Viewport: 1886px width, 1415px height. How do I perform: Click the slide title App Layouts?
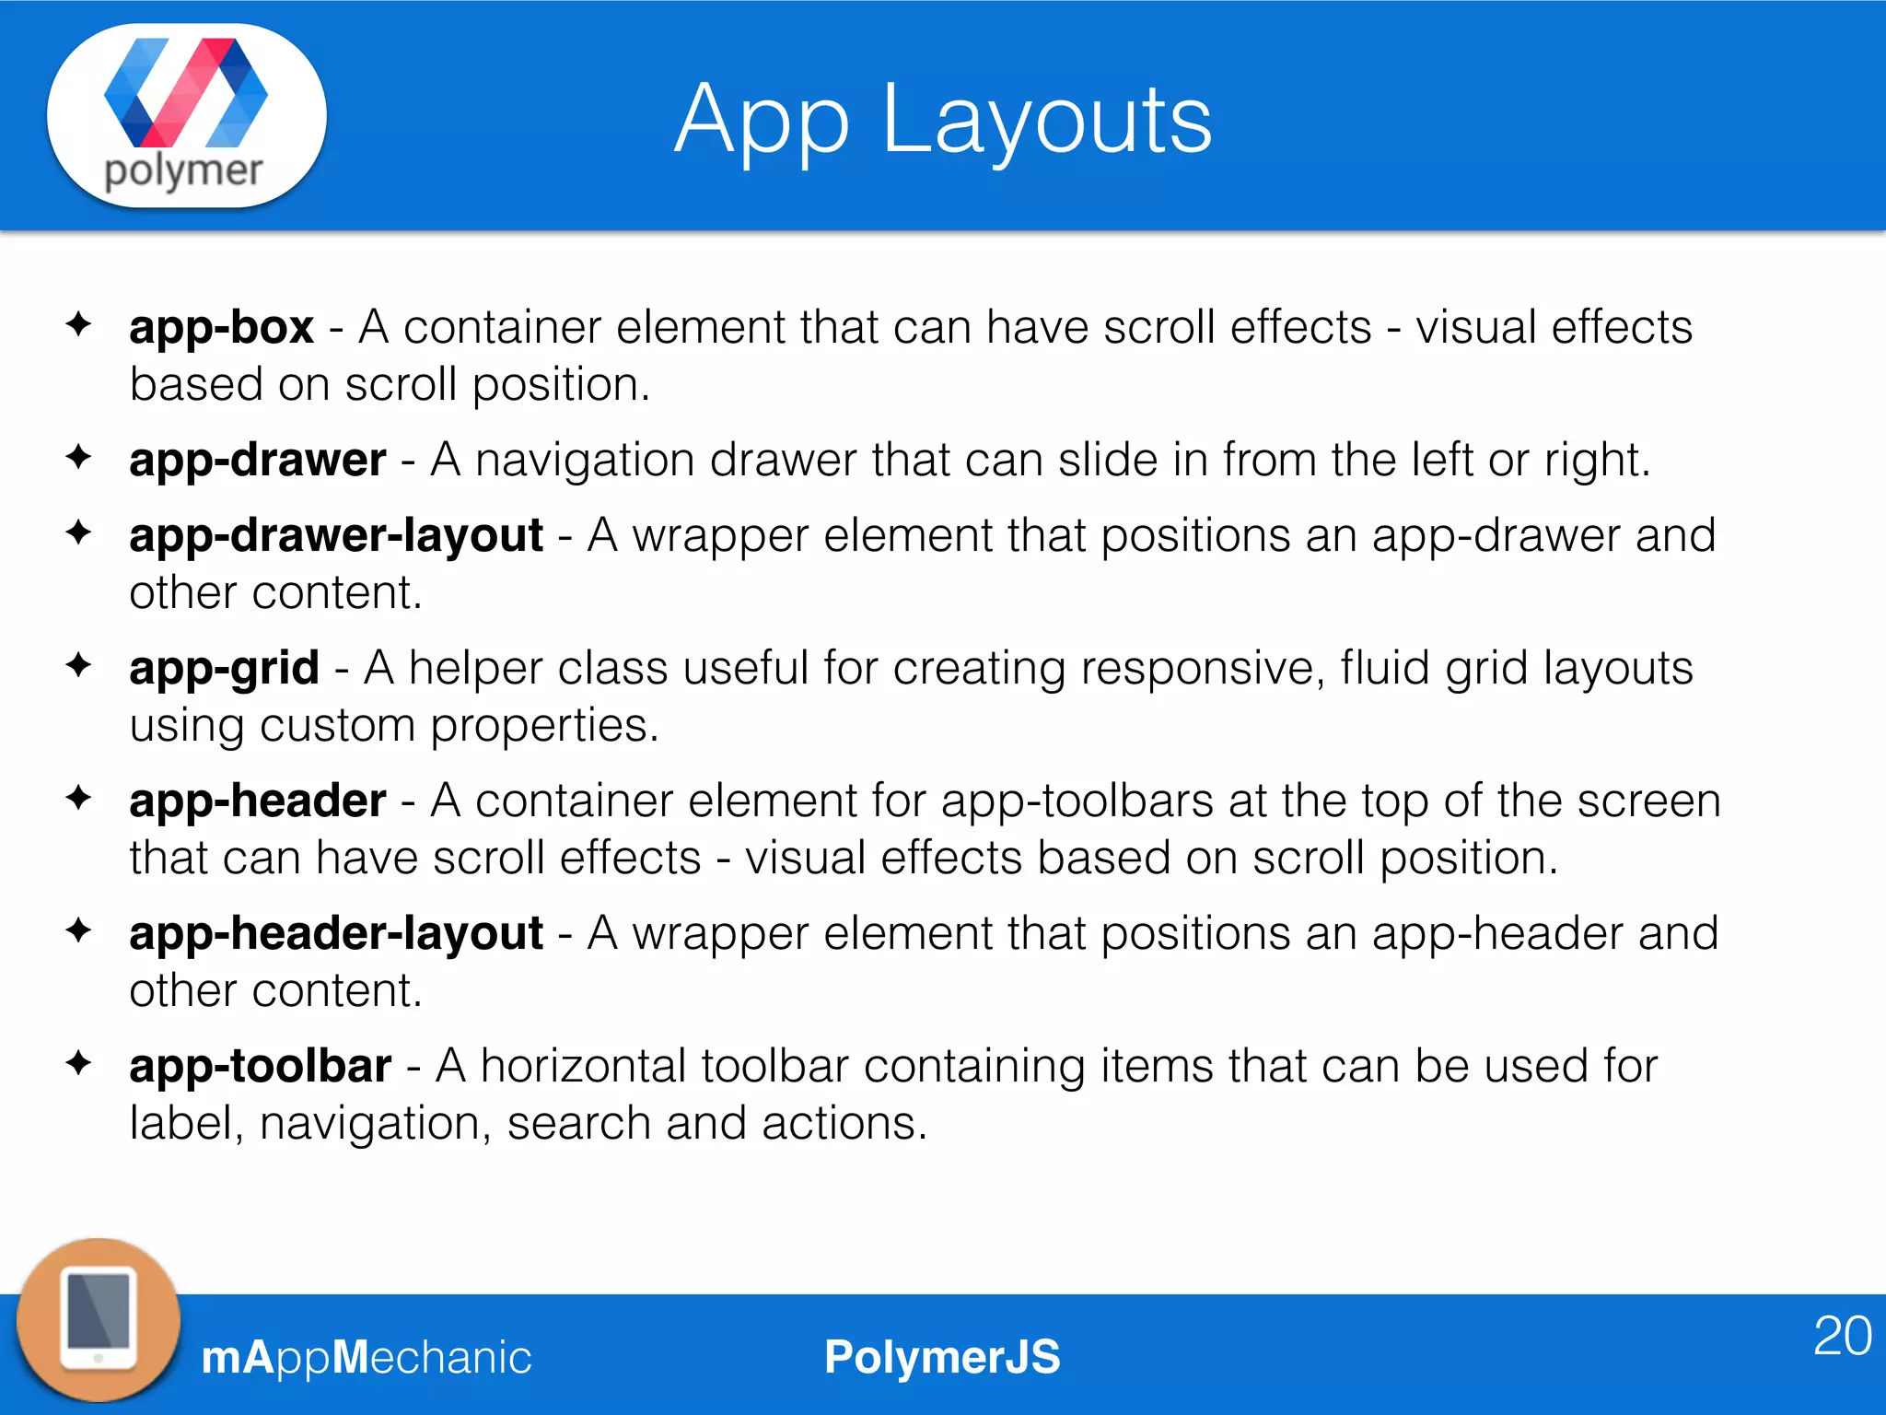943,120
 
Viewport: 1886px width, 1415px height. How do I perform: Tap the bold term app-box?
221,328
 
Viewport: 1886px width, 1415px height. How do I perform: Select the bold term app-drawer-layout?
336,536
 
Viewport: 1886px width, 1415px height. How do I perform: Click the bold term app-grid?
224,669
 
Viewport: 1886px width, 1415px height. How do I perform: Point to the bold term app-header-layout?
336,934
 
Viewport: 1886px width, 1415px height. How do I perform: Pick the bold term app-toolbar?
260,1067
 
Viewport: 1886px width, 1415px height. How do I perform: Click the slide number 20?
1842,1336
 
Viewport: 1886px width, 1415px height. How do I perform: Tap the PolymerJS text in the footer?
942,1357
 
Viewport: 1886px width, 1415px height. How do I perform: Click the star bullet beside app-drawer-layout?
79,532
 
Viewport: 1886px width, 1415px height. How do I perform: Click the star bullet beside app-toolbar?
79,1063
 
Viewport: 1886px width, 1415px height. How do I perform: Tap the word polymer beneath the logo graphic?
183,171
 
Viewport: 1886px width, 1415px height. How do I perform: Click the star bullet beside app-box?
79,324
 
